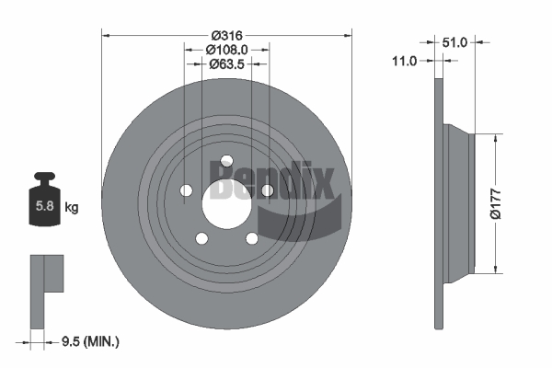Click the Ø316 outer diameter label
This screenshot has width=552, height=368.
coord(227,35)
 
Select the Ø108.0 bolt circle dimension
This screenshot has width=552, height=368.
coord(226,50)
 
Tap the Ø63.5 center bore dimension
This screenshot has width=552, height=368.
coord(226,64)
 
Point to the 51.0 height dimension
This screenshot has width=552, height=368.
coord(454,42)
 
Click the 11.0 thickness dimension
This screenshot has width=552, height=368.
coord(404,61)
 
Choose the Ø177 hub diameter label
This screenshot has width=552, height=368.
coord(495,204)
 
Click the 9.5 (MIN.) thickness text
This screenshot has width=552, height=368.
coord(90,341)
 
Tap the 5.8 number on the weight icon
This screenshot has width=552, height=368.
coord(45,205)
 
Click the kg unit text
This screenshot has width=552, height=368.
coord(72,207)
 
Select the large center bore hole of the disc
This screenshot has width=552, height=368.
coord(226,204)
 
